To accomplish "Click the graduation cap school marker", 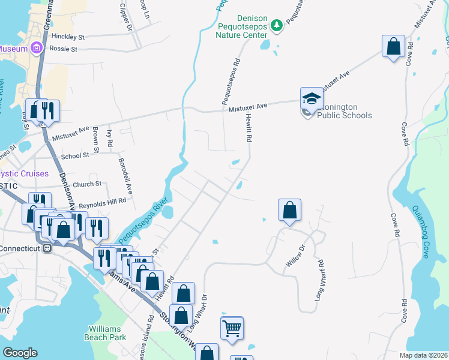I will [312, 99].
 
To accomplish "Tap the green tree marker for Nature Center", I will [277, 25].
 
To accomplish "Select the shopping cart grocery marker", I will [232, 329].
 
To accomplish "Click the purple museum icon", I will [36, 48].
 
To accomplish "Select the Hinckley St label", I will [67, 37].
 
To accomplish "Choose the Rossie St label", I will [64, 49].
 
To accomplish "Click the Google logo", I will [20, 353].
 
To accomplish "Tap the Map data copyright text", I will [423, 355].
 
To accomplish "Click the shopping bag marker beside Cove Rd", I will [393, 47].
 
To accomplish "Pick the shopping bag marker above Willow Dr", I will [289, 210].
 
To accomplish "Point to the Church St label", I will [88, 184].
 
